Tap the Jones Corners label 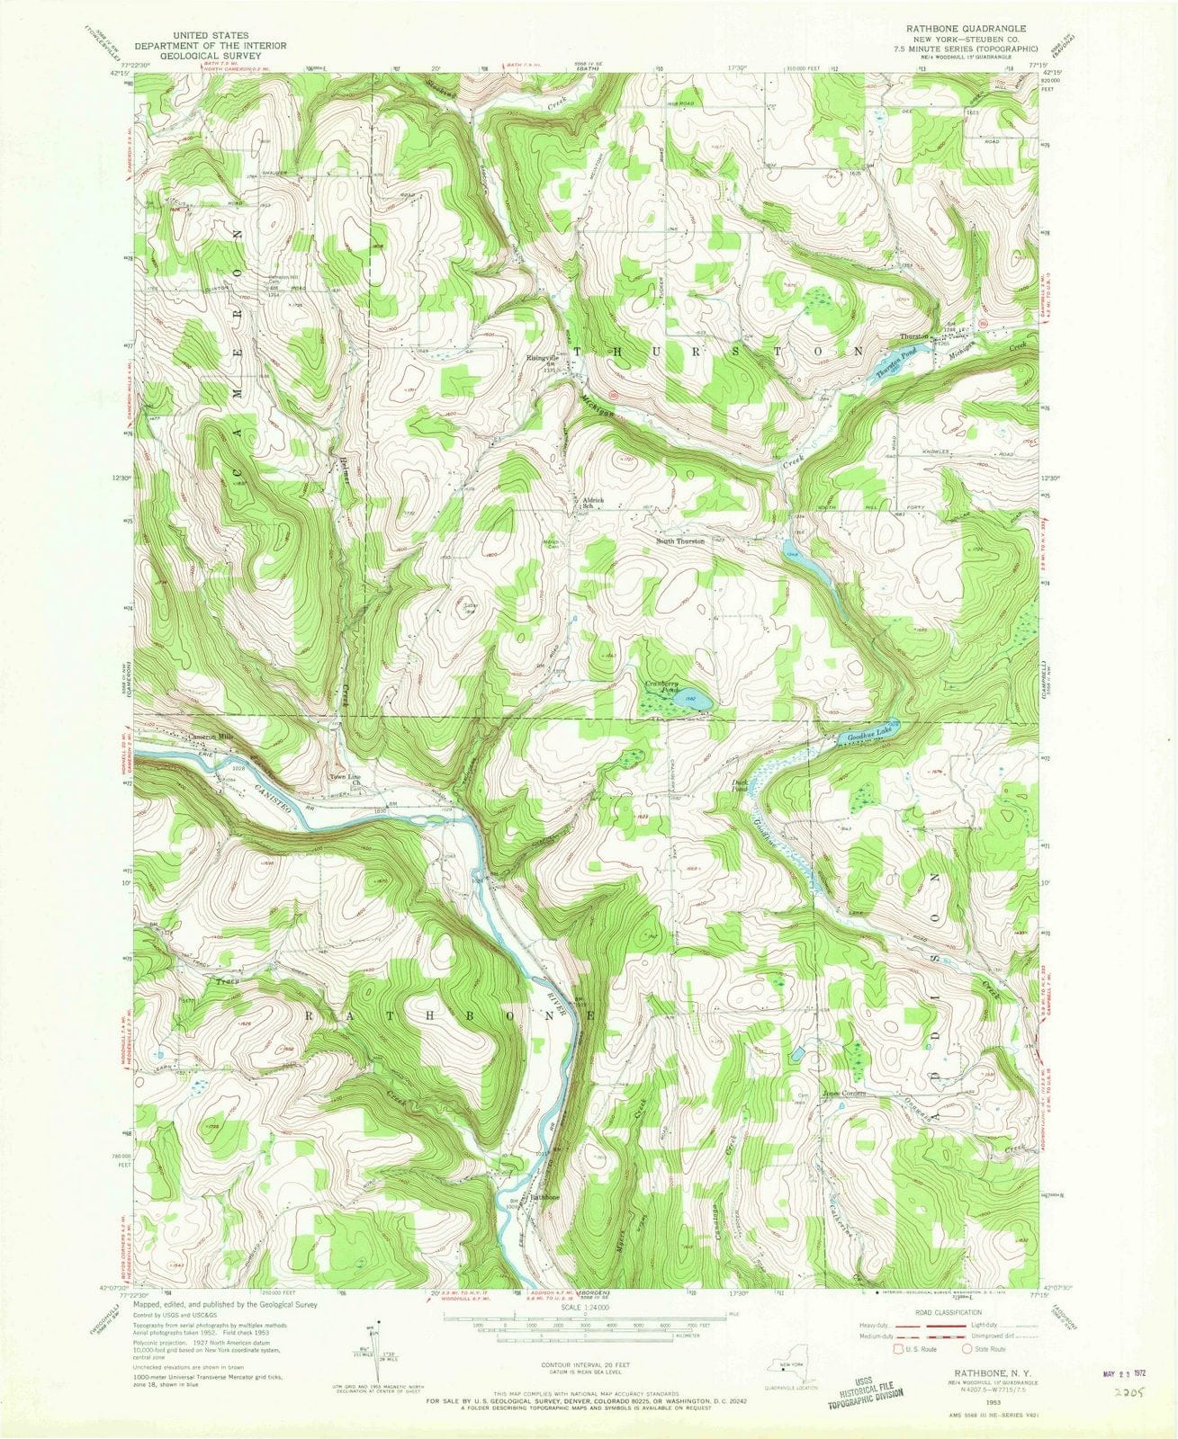(844, 1094)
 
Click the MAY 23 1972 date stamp (1129, 1349)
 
